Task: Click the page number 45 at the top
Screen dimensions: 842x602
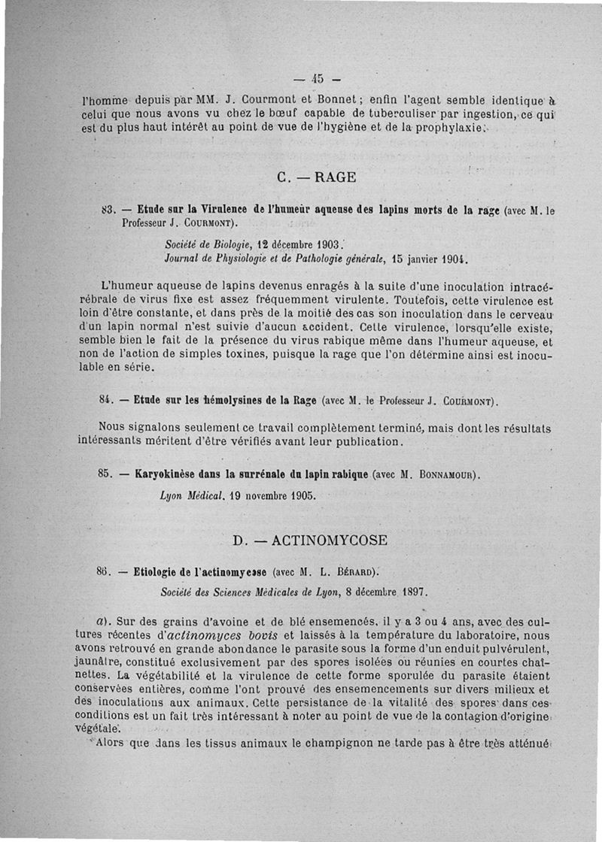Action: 316,78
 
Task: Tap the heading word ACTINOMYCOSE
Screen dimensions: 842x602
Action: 330,540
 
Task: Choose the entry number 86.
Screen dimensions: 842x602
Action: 105,571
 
